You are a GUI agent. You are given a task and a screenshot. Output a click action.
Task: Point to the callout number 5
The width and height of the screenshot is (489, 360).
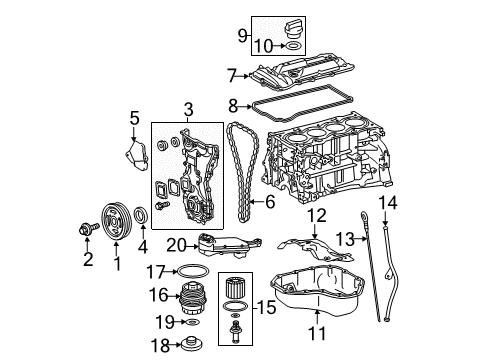click(x=135, y=122)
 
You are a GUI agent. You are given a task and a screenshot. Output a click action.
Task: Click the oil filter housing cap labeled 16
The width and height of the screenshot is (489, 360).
click(x=191, y=295)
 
